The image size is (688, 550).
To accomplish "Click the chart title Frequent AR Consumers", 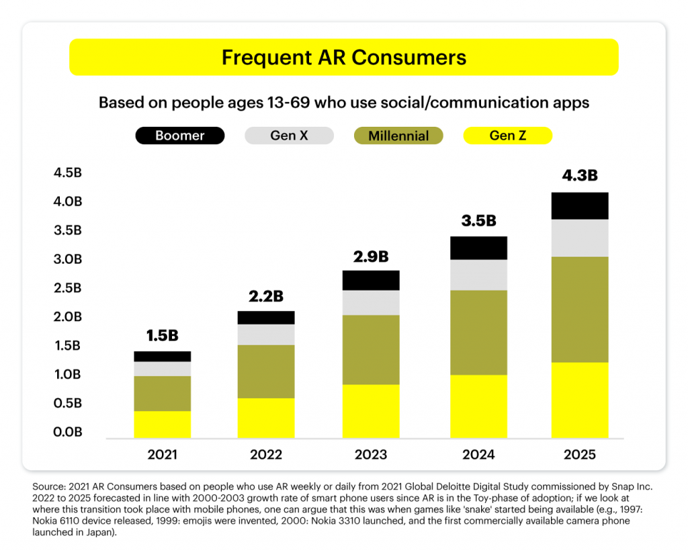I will coord(343,58).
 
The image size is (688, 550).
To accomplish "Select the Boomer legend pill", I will coord(179,136).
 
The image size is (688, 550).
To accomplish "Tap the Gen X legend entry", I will coord(289,136).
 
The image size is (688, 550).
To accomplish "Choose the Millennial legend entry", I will coord(398,136).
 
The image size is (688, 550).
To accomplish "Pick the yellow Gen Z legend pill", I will coord(507,136).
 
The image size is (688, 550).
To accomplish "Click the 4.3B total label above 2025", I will coord(579,176).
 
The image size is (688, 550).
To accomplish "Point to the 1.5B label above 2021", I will coord(162,335).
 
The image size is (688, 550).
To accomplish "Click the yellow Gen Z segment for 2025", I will coord(579,400).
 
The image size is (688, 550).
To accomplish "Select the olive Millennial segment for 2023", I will coord(371,349).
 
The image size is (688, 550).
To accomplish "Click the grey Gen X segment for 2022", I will coord(266,334).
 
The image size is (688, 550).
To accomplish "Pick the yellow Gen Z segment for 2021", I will coord(162,424).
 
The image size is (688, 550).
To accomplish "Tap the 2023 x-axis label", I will coord(371,455).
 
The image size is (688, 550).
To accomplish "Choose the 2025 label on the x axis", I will coord(579,455).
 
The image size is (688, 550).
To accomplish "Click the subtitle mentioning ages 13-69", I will coord(343,103).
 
